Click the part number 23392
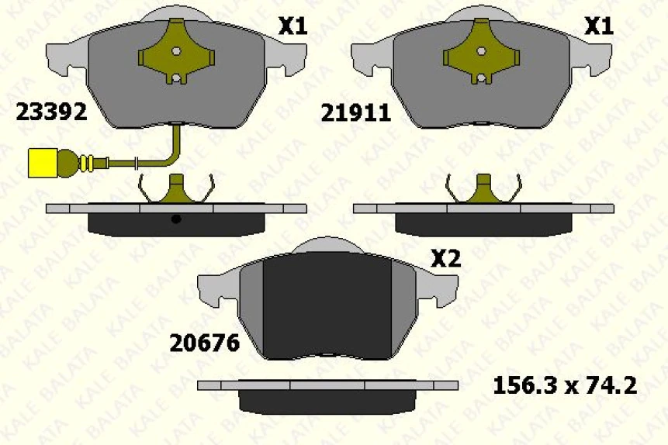pyautogui.click(x=50, y=113)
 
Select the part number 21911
pyautogui.click(x=355, y=113)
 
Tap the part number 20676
pyautogui.click(x=204, y=342)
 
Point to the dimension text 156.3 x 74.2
pyautogui.click(x=565, y=385)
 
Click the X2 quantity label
pyautogui.click(x=445, y=259)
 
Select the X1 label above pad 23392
pyautogui.click(x=292, y=27)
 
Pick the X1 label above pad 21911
pyautogui.click(x=598, y=27)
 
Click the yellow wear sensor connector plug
pyautogui.click(x=44, y=162)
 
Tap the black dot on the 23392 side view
pyautogui.click(x=176, y=219)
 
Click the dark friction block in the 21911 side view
pyautogui.click(x=482, y=223)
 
